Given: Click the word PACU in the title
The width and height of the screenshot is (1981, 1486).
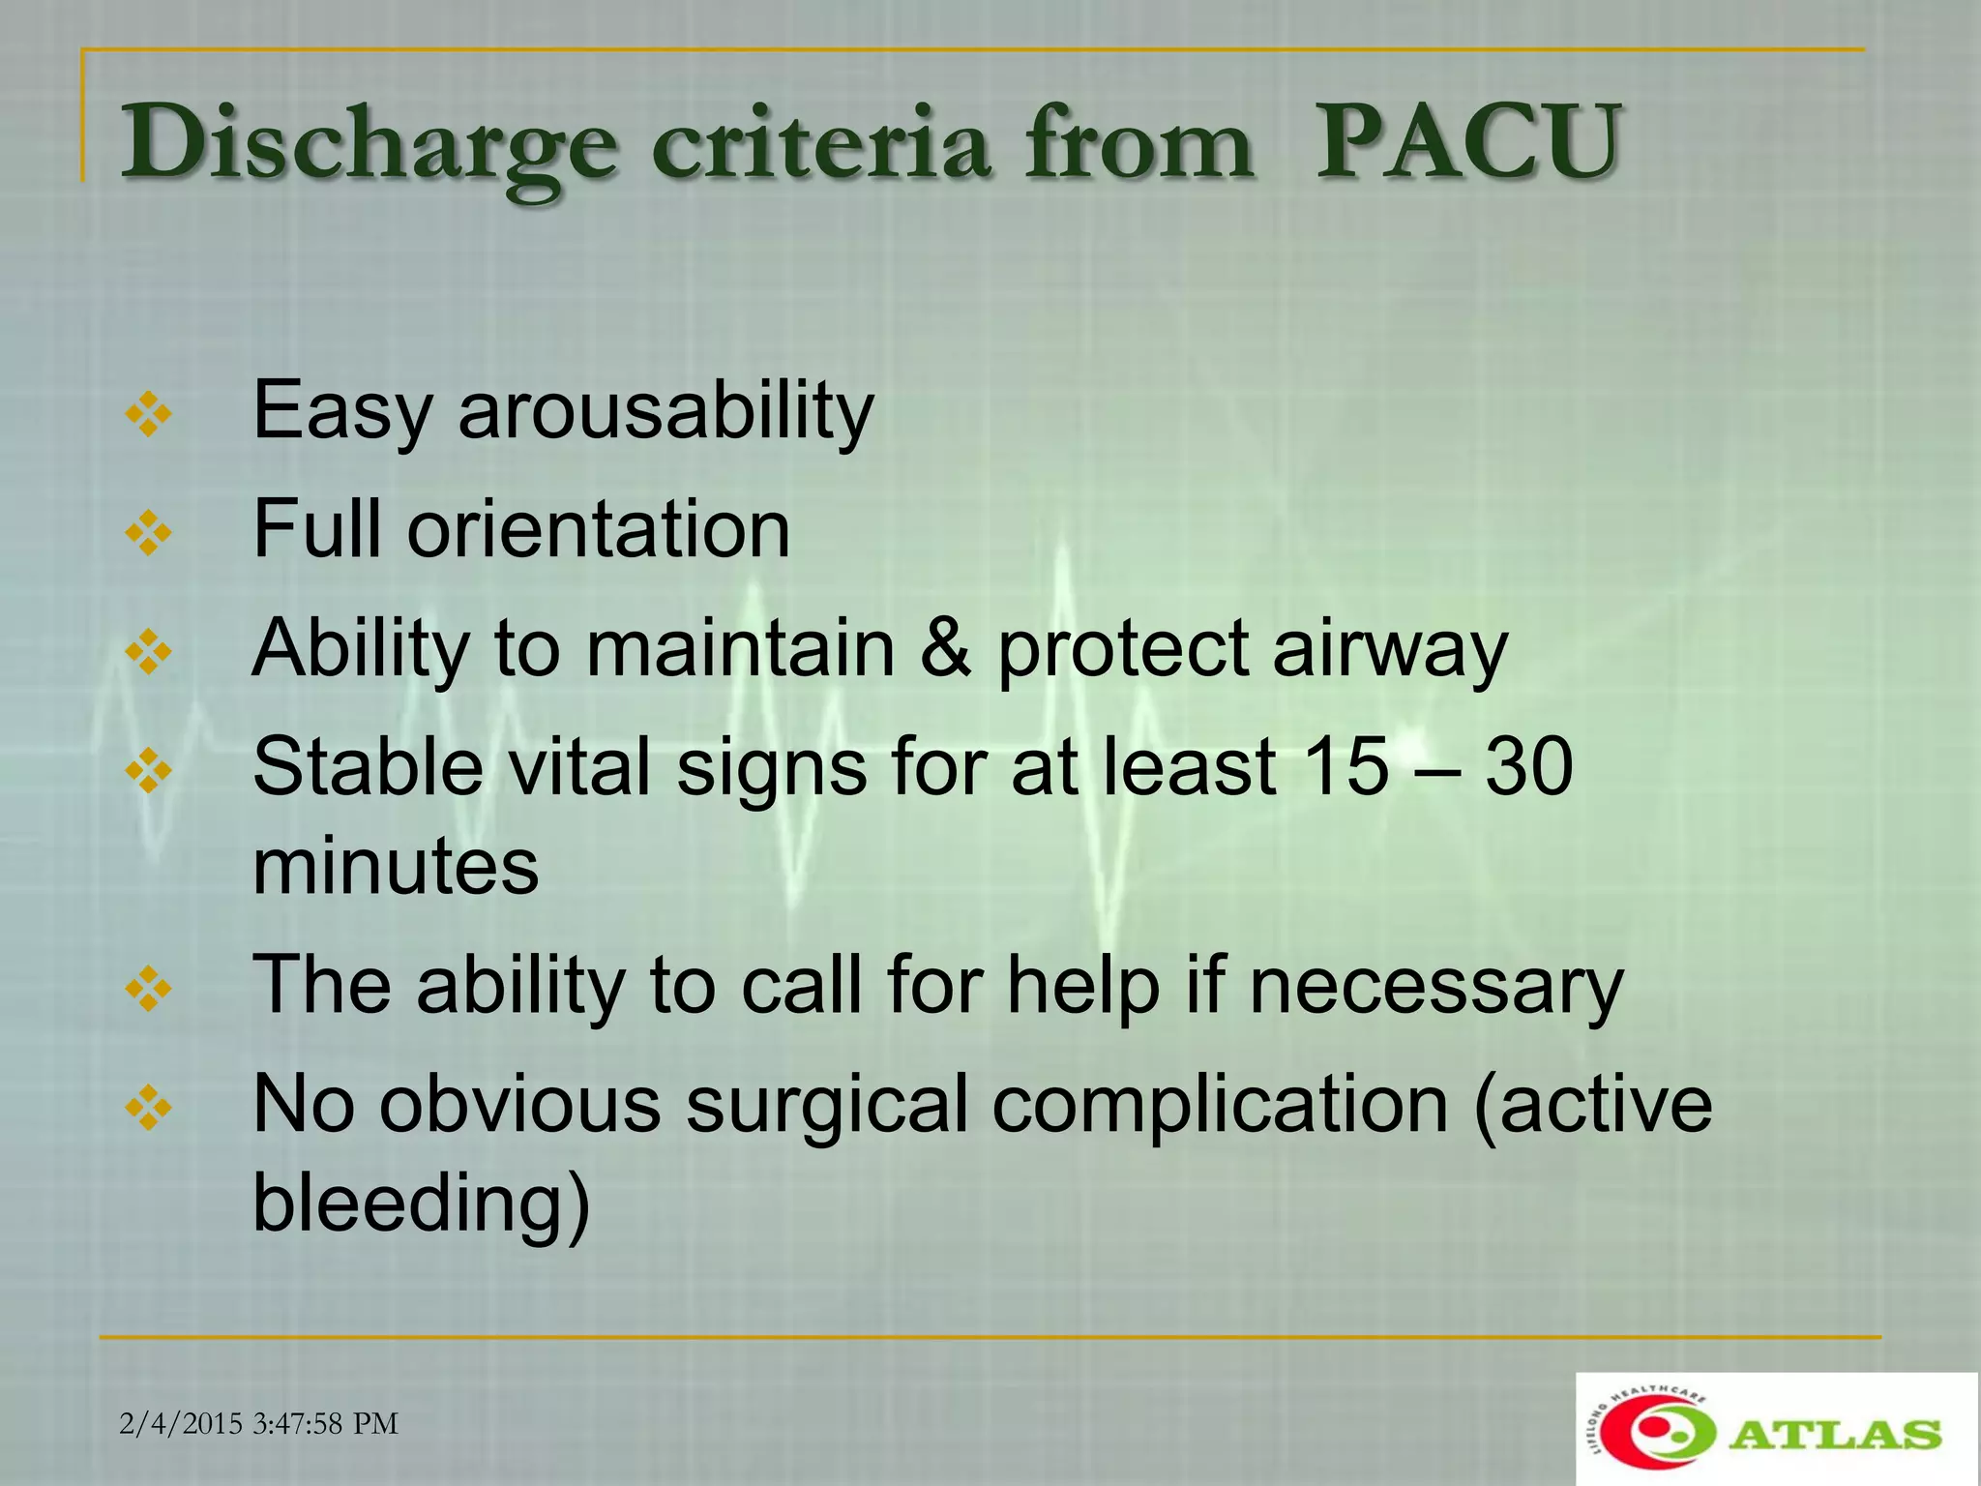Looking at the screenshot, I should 1466,143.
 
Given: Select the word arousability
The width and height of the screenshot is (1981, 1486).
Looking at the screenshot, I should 665,410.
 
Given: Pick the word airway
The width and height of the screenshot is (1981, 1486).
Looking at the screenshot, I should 1390,648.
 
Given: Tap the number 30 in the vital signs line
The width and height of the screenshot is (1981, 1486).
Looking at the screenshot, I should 1529,766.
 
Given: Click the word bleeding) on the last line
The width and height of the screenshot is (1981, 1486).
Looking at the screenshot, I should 421,1204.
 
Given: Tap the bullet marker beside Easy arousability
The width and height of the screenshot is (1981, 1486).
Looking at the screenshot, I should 149,415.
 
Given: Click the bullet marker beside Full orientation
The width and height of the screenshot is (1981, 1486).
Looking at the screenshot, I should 149,533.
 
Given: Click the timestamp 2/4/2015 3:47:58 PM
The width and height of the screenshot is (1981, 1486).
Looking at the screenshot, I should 259,1423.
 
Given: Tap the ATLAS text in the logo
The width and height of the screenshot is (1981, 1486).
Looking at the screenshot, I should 1834,1434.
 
